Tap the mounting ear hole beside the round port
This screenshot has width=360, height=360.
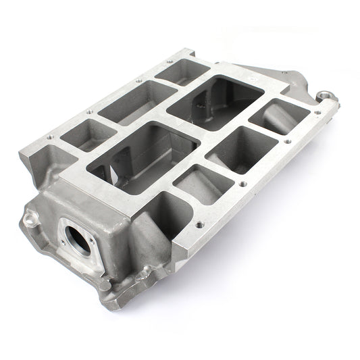tap(30, 217)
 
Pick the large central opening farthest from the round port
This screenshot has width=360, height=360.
tap(215, 103)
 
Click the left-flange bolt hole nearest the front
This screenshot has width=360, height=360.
tap(49, 138)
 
